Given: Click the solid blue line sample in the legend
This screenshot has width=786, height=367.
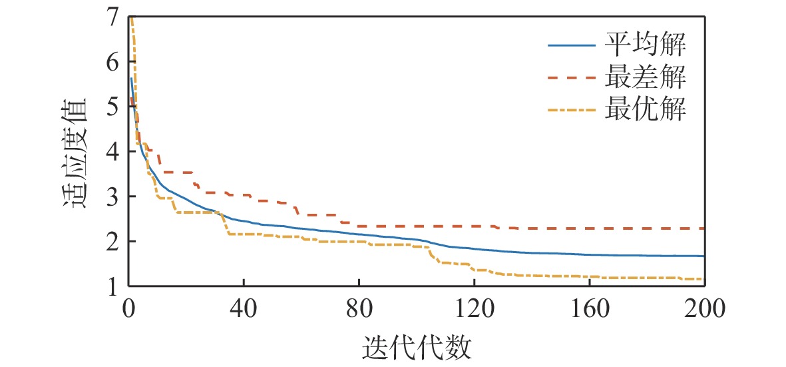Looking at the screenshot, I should pyautogui.click(x=572, y=46).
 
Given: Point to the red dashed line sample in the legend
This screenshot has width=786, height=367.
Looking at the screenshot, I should pyautogui.click(x=572, y=78).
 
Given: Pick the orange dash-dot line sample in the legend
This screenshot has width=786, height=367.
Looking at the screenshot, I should pyautogui.click(x=572, y=109).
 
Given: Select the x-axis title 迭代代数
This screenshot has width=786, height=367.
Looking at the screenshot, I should pyautogui.click(x=417, y=348).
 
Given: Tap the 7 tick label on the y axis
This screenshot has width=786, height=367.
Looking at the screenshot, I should pyautogui.click(x=112, y=17).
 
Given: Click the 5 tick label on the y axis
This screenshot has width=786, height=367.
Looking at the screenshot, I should pyautogui.click(x=112, y=107).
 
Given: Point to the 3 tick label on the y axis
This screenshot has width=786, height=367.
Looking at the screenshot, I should pyautogui.click(x=112, y=196).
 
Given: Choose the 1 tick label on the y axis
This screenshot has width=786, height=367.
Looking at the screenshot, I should pyautogui.click(x=112, y=286).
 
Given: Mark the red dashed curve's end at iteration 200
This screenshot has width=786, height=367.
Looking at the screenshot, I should pyautogui.click(x=703, y=228).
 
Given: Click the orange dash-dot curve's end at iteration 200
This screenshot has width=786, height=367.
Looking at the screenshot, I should pyautogui.click(x=702, y=279).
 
